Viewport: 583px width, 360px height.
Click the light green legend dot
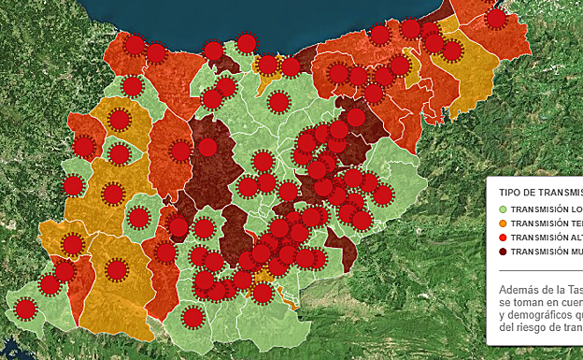coord(504,209)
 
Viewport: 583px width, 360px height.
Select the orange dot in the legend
coord(504,223)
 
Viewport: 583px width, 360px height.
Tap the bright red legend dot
coord(504,238)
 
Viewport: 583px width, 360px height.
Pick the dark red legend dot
coord(504,252)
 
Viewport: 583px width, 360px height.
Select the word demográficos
coord(546,314)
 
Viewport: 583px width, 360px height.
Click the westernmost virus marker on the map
coord(26,309)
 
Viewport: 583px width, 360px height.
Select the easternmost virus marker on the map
coord(496,18)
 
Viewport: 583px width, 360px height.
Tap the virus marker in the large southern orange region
coord(117,270)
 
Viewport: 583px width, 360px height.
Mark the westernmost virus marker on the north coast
coord(135,45)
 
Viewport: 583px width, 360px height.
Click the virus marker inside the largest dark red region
coord(207,147)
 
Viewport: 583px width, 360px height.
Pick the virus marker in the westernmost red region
coord(84,147)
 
